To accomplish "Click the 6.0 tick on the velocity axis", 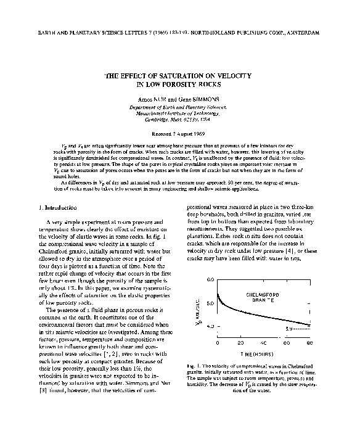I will (209, 281).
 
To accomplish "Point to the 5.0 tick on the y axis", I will (209, 303).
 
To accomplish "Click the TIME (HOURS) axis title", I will (262, 355).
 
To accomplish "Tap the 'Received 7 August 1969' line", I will (179, 133).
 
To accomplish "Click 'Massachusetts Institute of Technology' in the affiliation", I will (179, 114).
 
